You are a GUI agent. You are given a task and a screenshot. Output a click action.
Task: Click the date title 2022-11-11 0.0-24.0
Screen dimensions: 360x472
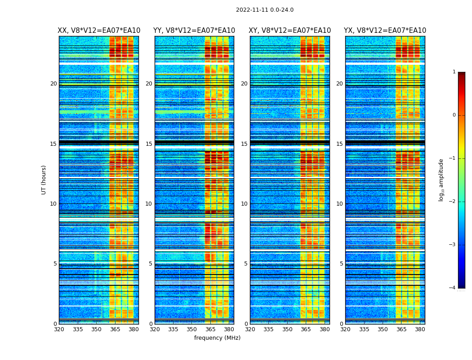pos(265,10)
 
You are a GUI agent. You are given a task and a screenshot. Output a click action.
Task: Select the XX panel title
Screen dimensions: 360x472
pos(99,31)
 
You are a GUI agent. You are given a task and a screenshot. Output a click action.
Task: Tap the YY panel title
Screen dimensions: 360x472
pos(194,31)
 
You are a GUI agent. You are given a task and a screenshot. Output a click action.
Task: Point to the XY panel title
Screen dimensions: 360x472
pos(290,31)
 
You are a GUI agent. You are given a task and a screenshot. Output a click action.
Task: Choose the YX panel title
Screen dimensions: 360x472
pos(385,31)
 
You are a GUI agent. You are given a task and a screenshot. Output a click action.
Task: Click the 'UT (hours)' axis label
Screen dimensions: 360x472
pos(44,180)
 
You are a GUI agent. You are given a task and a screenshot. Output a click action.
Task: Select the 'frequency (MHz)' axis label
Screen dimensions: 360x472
pos(217,338)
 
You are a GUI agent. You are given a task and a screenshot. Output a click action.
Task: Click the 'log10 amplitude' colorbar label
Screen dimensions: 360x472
pos(441,180)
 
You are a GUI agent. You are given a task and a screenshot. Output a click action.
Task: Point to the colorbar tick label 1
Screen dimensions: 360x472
pos(454,72)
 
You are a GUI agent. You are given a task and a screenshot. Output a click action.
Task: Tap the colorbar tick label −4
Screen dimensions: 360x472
pos(453,288)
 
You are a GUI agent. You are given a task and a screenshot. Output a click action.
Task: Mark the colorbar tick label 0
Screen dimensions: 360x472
pos(454,115)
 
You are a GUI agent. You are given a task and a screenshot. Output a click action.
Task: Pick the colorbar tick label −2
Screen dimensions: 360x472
pos(453,202)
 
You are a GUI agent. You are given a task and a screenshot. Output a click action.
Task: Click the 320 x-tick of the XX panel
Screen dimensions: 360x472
pos(59,329)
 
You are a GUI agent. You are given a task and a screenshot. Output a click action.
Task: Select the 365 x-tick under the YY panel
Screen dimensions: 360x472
pos(210,329)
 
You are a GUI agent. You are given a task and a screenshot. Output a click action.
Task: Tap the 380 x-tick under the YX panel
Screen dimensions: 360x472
pos(420,329)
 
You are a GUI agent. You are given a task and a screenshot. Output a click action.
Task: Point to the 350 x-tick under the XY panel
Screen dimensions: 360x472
pos(287,329)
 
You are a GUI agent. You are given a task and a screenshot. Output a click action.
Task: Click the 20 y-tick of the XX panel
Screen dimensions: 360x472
pos(53,84)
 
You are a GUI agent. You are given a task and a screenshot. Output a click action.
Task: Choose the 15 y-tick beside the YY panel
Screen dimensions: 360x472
pos(149,144)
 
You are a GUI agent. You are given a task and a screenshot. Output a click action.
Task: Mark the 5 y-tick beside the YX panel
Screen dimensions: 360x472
pos(341,264)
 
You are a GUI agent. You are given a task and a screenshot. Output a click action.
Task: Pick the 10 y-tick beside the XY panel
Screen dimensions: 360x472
pos(244,204)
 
